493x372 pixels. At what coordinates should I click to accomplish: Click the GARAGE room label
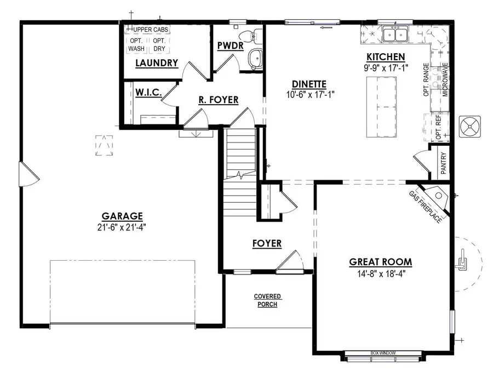tap(122, 215)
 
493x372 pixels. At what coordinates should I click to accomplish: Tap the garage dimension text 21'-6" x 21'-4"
tap(122, 226)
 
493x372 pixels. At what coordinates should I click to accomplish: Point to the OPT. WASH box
tap(136, 45)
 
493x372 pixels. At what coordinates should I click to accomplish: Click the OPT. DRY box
tap(159, 45)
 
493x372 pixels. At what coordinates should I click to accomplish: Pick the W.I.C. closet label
tap(148, 93)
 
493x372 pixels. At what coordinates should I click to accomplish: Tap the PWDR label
tap(230, 45)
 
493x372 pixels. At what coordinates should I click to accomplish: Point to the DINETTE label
tap(309, 84)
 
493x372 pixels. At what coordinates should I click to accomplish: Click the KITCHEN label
tap(386, 57)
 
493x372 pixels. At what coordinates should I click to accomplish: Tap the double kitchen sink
tap(394, 35)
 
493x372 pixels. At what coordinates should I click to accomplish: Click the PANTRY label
tap(444, 163)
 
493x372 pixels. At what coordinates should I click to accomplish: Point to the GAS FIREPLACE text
tap(426, 207)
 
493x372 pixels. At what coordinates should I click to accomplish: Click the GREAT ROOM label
tap(381, 262)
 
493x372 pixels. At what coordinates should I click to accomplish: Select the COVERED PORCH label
tap(267, 300)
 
